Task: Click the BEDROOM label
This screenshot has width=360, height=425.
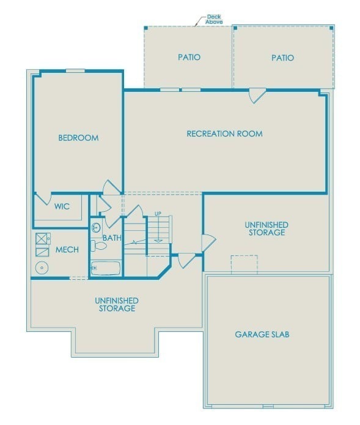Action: click(x=78, y=138)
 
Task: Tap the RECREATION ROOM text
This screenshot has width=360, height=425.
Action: click(x=224, y=134)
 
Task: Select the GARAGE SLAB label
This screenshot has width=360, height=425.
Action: click(x=262, y=334)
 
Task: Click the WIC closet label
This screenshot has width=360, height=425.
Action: click(x=62, y=207)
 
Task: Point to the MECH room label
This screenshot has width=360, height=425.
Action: click(x=67, y=250)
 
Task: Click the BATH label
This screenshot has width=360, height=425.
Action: click(x=112, y=238)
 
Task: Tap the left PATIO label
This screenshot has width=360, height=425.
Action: click(x=189, y=58)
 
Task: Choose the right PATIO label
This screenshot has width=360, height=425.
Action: click(x=282, y=58)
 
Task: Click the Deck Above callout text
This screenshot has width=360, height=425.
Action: click(x=214, y=19)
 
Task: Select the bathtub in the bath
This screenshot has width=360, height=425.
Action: click(x=106, y=268)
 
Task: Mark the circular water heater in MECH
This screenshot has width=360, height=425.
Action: click(x=42, y=267)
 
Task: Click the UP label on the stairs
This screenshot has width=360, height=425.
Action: click(x=158, y=214)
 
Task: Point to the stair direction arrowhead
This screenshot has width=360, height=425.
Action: click(x=158, y=239)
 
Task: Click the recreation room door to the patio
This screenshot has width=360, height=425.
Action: click(x=257, y=96)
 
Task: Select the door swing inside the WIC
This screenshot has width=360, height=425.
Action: click(x=43, y=199)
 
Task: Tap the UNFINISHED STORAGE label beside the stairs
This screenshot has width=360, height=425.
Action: click(x=267, y=229)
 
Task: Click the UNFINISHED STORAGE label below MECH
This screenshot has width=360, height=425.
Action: click(x=116, y=304)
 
